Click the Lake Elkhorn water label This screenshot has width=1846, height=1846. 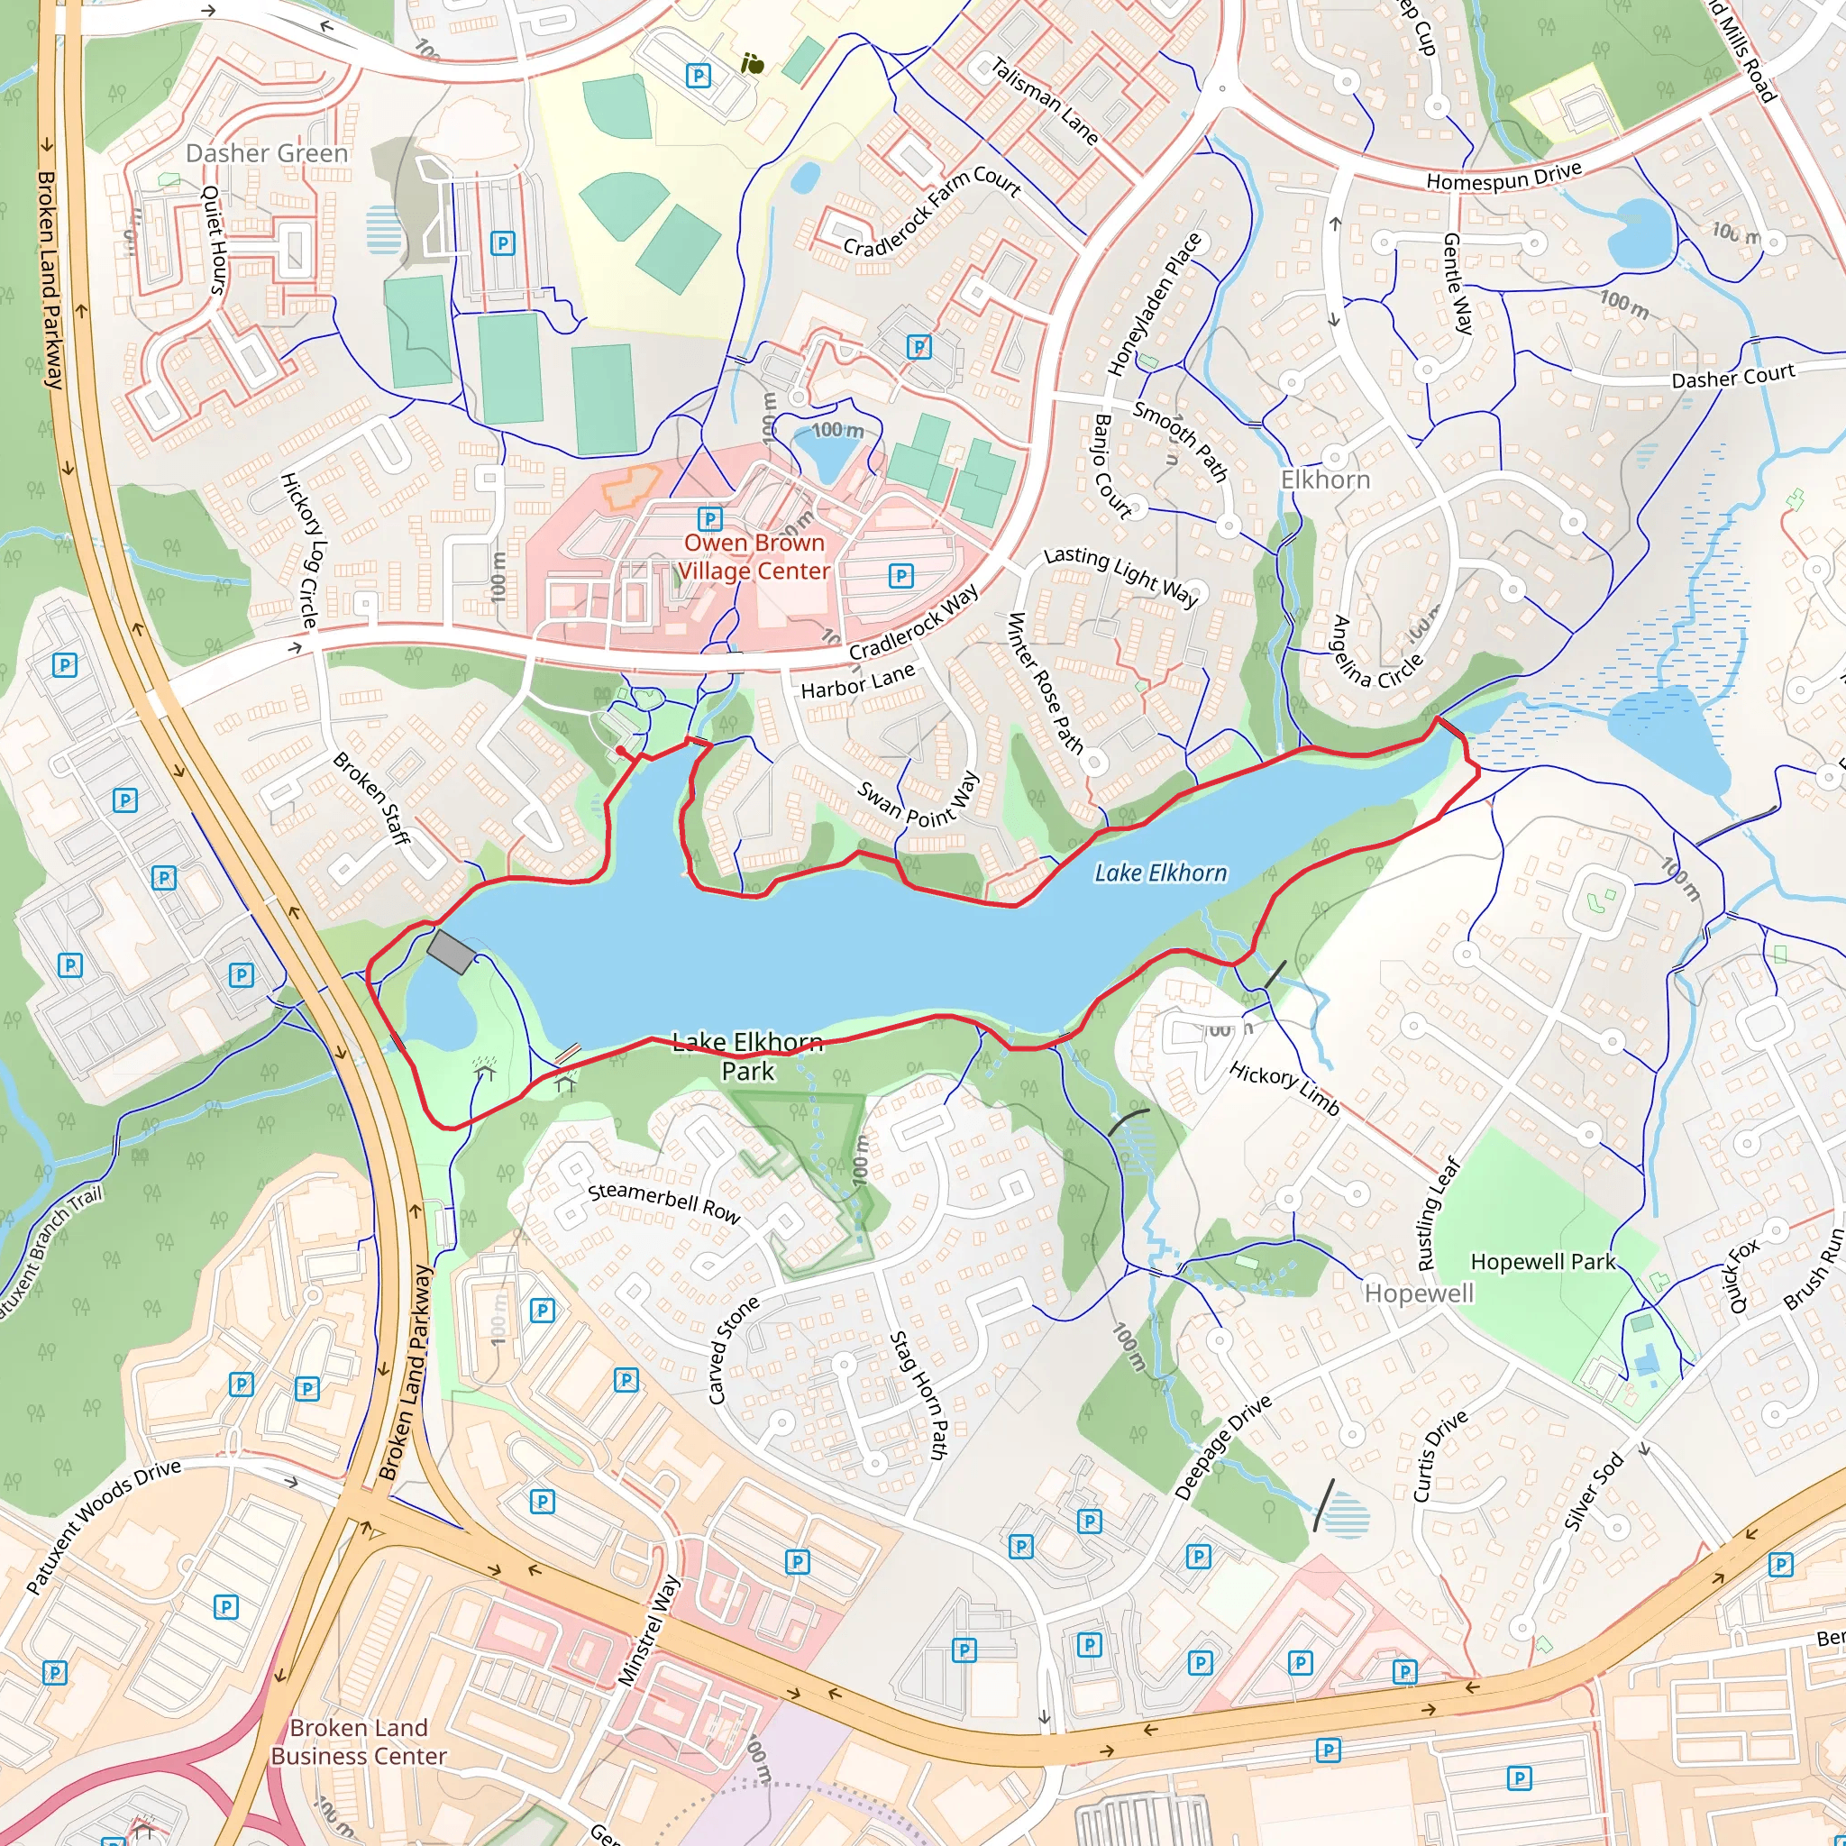point(1160,873)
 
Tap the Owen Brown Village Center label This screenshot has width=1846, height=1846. point(753,556)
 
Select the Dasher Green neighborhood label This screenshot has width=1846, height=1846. point(267,153)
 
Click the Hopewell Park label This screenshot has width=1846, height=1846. point(1542,1261)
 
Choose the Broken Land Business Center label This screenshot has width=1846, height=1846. point(359,1741)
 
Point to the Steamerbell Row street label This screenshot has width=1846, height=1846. point(664,1203)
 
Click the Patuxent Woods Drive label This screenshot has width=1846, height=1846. point(103,1526)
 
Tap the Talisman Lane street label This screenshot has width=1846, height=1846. point(1045,101)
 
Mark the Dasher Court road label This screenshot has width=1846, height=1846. point(1732,376)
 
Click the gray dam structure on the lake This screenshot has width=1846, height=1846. point(450,952)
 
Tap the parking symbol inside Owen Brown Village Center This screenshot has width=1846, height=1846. point(709,519)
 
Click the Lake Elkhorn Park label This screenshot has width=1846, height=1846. point(747,1056)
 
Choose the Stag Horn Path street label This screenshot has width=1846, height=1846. point(918,1395)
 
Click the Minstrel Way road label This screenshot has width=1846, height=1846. point(650,1630)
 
